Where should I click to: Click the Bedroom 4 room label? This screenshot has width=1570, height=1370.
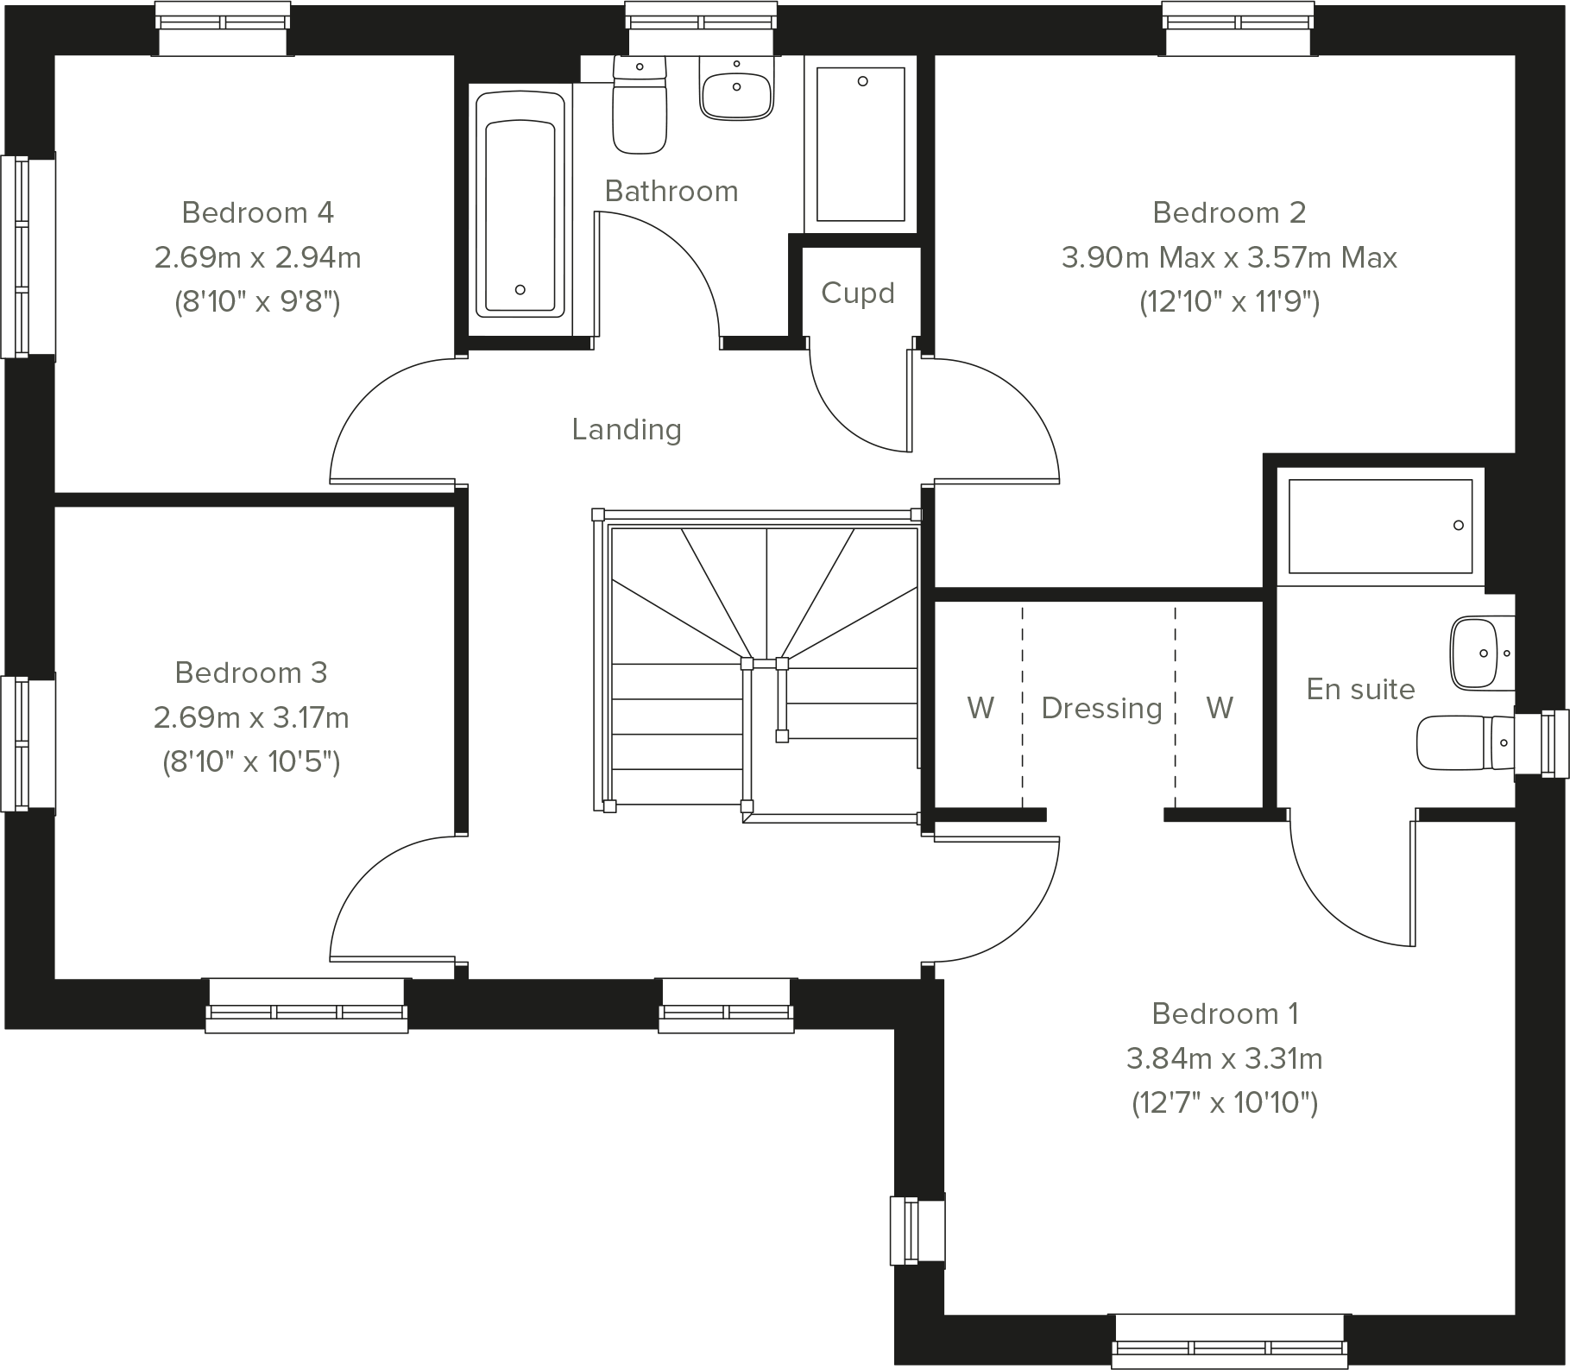(x=257, y=212)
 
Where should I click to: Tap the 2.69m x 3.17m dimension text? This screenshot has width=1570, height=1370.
(x=251, y=717)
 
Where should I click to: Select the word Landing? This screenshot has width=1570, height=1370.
(x=627, y=429)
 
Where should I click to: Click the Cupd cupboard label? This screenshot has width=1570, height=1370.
(x=857, y=294)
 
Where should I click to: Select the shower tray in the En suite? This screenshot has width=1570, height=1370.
(x=1379, y=526)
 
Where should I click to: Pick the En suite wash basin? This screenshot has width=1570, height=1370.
(x=1482, y=653)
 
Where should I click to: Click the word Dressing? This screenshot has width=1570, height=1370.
(x=1101, y=708)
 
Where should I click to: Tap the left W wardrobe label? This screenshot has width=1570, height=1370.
(x=980, y=708)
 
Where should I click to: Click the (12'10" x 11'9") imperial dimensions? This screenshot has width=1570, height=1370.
(x=1229, y=302)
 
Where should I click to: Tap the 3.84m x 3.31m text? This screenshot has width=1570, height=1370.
(x=1224, y=1058)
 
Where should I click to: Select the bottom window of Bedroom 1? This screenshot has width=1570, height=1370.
(x=1229, y=1341)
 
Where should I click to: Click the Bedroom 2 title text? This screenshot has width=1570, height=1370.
(x=1229, y=212)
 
